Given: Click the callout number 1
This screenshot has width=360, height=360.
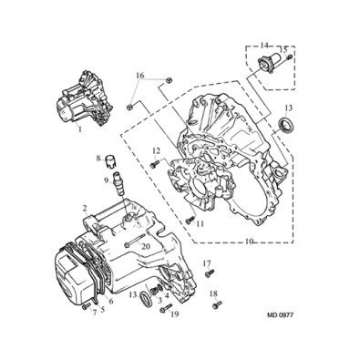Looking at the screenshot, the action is click(x=80, y=129).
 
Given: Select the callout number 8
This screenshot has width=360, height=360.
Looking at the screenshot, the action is click(x=98, y=159).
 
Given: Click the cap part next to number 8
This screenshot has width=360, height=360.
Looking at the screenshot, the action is click(x=109, y=160).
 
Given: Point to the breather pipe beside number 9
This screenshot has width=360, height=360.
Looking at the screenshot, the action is click(x=118, y=182).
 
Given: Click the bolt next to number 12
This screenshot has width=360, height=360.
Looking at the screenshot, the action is click(x=155, y=164).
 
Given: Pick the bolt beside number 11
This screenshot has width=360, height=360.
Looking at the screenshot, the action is click(x=190, y=220).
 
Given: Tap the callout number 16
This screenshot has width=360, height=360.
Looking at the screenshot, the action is click(x=139, y=76).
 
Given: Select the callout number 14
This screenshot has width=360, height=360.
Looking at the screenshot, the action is click(x=265, y=46).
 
